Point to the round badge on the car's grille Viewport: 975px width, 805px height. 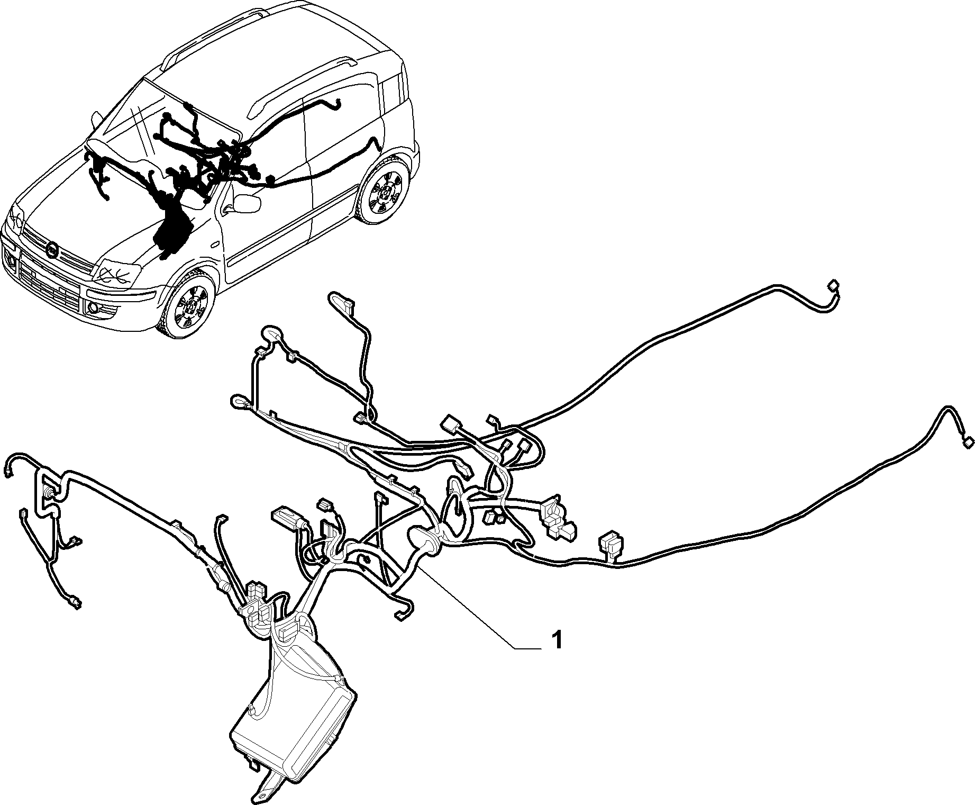52,249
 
